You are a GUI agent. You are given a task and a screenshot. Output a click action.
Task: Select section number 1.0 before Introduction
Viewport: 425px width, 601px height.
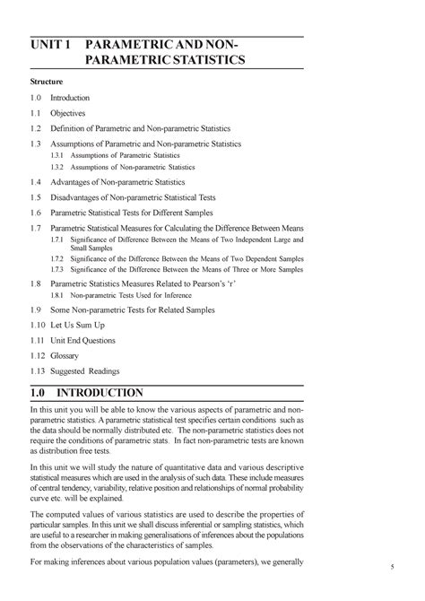[x=36, y=97]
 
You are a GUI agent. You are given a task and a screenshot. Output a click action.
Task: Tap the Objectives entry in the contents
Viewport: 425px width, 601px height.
[x=68, y=114]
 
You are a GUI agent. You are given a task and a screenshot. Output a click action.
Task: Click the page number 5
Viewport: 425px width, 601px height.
[x=392, y=567]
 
